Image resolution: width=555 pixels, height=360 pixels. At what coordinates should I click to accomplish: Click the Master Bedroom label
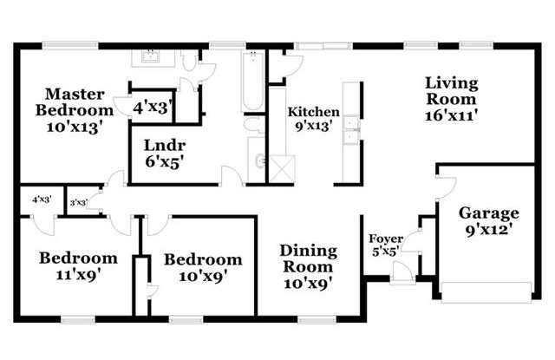coord(75,102)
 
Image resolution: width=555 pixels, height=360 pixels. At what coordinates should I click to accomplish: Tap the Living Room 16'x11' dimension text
coord(452,115)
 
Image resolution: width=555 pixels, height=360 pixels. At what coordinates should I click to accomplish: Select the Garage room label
coord(489,213)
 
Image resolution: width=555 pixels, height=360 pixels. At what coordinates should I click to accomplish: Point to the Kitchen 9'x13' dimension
coord(314,126)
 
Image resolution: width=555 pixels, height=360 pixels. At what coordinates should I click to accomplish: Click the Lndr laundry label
coord(165,145)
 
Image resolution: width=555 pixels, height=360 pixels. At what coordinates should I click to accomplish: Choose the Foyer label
coord(386,239)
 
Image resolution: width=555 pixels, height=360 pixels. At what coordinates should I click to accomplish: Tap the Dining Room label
coord(309,259)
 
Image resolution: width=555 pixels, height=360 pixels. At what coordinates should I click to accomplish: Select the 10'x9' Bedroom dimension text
coord(203,276)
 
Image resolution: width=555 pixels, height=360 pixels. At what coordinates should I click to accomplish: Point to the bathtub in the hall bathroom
coord(252,82)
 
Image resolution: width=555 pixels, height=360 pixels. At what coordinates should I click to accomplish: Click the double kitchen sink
coord(351,130)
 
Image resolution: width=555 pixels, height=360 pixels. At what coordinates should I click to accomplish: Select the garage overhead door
coord(486,292)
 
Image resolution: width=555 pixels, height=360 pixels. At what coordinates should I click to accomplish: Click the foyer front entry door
coord(402,273)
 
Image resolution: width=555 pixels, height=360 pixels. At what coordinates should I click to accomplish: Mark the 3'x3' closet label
coord(79,203)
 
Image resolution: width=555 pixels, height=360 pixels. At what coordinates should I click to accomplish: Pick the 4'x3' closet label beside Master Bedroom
coord(153,108)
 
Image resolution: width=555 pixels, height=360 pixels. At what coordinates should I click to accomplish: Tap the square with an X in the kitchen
coord(282,169)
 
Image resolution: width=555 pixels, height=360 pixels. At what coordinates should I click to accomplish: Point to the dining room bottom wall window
coord(317,320)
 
